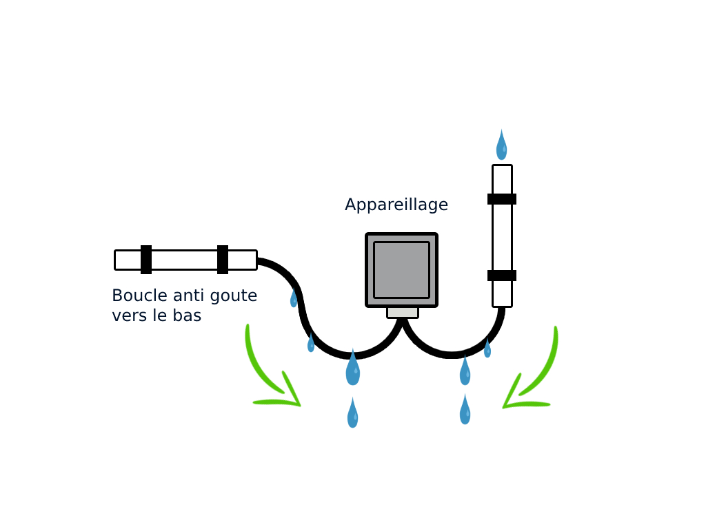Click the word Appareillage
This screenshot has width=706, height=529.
tap(396, 205)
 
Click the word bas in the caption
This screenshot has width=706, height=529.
tap(187, 317)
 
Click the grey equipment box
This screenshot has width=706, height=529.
tap(401, 269)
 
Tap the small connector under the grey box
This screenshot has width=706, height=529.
tap(403, 312)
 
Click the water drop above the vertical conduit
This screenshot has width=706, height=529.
tap(501, 146)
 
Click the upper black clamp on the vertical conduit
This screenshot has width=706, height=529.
tap(502, 199)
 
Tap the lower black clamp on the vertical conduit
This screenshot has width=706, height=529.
tap(502, 276)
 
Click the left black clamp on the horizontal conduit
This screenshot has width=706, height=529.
tap(146, 260)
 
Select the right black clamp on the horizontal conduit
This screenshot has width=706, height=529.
tap(223, 260)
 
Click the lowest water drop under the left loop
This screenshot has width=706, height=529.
tap(352, 414)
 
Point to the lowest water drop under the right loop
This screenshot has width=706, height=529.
tap(465, 411)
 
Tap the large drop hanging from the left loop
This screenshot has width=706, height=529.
tap(352, 369)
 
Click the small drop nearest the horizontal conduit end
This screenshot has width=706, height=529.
tap(294, 299)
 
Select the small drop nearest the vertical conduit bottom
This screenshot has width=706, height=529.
tap(487, 349)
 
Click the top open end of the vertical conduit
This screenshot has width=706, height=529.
tap(502, 167)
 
